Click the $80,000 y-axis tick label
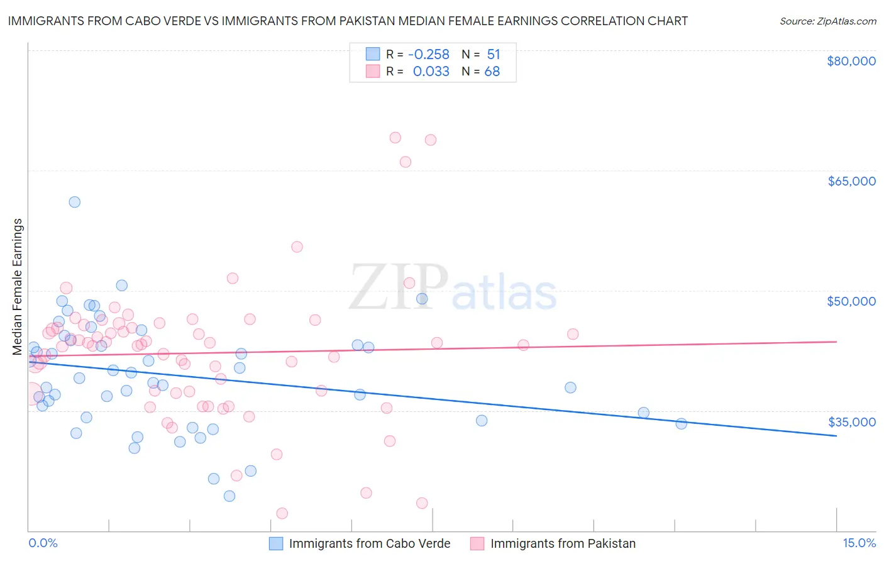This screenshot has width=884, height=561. coord(851,61)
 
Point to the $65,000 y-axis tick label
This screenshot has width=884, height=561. coord(851,181)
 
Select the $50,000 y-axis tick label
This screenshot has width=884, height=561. coord(851,301)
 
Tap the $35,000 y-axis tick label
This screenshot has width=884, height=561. coord(851,421)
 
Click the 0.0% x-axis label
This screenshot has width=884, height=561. coord(43,543)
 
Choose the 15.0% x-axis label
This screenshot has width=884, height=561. coord(859,543)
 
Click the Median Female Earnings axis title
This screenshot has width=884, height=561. coord(18,287)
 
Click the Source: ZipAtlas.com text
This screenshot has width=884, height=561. coord(827,21)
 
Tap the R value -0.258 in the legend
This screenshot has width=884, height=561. coord(429,54)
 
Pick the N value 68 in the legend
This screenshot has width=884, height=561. coord(492,72)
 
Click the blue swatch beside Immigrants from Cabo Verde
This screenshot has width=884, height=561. coord(276,543)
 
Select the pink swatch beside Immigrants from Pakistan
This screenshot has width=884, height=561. coord(477,543)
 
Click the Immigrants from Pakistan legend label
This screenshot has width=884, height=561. coord(563,543)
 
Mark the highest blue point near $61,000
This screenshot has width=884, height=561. coord(74,202)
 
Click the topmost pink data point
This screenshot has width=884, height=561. coord(395,138)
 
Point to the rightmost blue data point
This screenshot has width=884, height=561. coord(682,423)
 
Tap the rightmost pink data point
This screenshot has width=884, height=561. coord(573,334)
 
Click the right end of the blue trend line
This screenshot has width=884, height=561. coord(836,435)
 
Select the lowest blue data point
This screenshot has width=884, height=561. coord(229,496)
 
